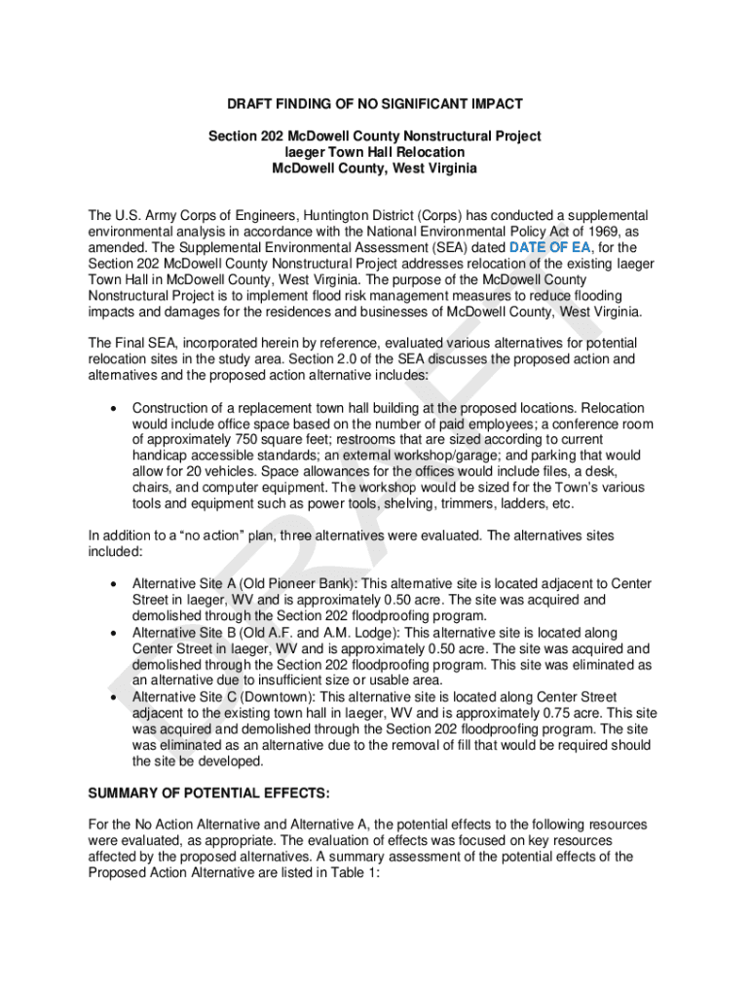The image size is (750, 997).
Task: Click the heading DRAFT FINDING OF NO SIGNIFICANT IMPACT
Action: (375, 103)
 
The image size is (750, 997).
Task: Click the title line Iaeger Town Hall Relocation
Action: (374, 152)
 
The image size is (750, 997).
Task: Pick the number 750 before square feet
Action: (238, 440)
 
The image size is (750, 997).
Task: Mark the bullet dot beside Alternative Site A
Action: (115, 583)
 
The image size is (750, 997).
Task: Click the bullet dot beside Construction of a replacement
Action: (115, 408)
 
